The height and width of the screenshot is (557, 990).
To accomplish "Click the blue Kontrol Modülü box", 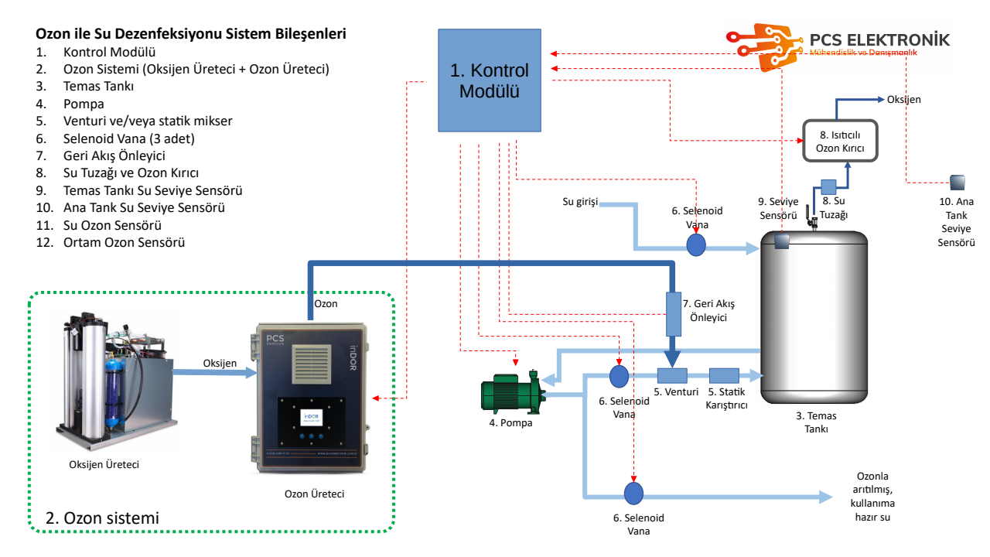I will [489, 80].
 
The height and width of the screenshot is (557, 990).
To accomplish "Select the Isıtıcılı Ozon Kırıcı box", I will [840, 141].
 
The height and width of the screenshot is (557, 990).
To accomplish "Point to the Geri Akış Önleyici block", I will [672, 313].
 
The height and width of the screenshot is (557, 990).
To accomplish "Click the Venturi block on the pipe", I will [672, 376].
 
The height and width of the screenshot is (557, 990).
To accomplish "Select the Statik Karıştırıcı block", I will [724, 376].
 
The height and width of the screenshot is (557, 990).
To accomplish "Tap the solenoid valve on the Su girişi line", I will [696, 245].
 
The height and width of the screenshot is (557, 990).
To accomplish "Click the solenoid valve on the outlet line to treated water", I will [634, 493].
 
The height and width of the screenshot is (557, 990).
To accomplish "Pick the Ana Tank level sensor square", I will [958, 183].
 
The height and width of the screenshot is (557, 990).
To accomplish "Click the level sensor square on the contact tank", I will [781, 240].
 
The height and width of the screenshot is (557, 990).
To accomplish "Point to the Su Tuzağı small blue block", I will [828, 186].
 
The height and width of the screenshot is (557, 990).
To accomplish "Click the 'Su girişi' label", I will [580, 202].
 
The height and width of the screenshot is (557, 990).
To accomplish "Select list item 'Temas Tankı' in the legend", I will [99, 87].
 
